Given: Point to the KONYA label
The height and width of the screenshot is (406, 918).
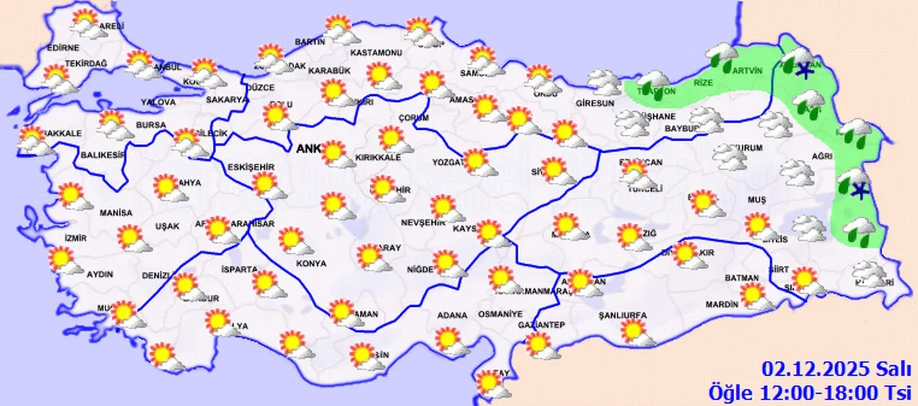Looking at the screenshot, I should pos(311,263).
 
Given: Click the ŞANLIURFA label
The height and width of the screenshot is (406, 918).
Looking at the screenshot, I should pos(623,315).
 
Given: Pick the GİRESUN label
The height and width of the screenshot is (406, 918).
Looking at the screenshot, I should pos(595,103).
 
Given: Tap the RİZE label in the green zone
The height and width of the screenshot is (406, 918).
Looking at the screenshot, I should pos(704,82).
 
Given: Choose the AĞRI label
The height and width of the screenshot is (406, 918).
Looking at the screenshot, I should pos(823,156).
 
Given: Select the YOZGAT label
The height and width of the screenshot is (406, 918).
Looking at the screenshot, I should pos(448,162).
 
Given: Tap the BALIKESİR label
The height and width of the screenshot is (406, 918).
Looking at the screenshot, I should pos(103,154).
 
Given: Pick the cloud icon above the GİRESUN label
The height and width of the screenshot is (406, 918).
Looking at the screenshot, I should pos(605,82).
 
